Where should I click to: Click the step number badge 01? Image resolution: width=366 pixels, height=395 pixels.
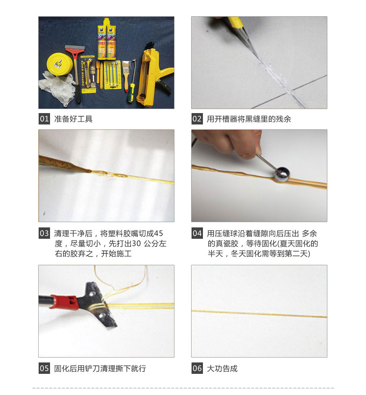pyautogui.click(x=44, y=119)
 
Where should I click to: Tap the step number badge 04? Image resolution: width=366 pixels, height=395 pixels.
pyautogui.click(x=197, y=234)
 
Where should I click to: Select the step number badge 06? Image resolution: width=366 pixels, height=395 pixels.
pyautogui.click(x=197, y=369)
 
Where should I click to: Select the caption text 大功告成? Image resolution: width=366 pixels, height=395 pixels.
pyautogui.click(x=222, y=369)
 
